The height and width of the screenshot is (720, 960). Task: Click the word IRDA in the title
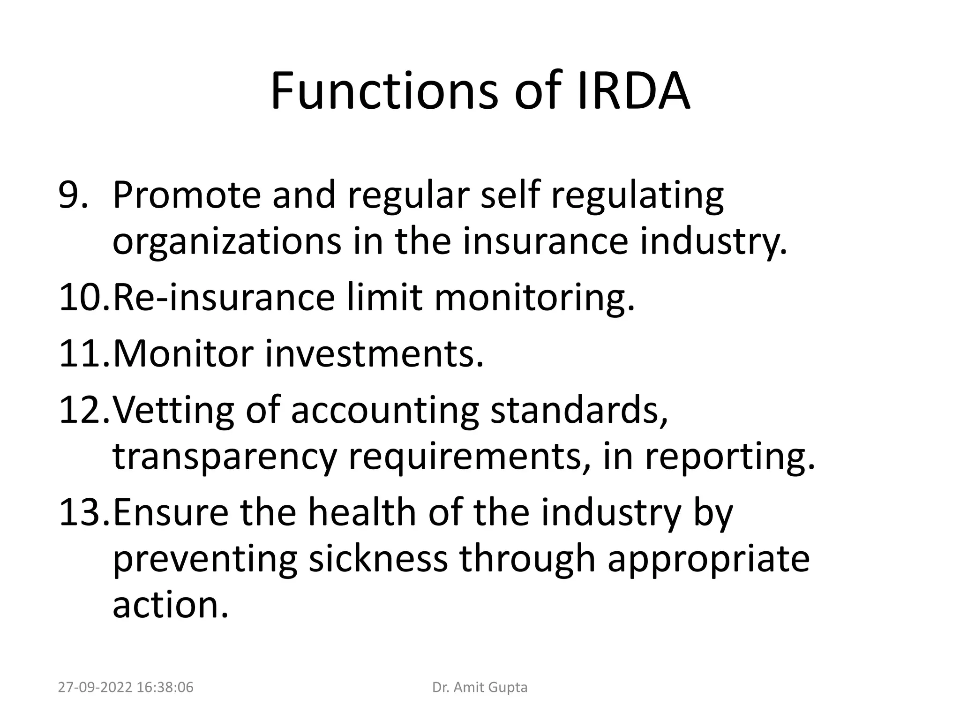pos(633,90)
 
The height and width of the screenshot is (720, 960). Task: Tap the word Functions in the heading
pos(384,90)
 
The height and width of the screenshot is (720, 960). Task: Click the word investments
pos(374,353)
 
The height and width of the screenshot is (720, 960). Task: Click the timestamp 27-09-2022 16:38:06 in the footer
pos(126,687)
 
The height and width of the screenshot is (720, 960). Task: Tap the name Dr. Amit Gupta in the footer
pos(480,687)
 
